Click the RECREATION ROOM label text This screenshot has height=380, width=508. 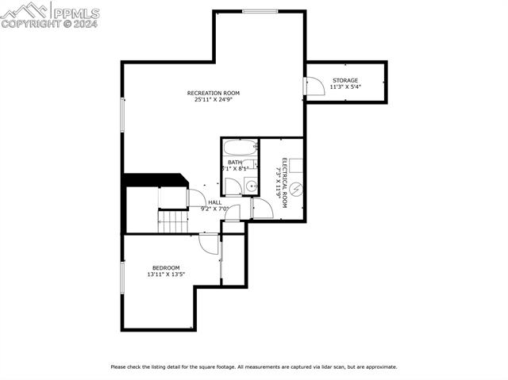click(x=213, y=93)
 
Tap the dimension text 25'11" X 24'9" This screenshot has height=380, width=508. click(x=213, y=100)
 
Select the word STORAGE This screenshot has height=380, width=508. click(x=345, y=80)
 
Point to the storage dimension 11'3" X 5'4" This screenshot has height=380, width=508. click(x=345, y=87)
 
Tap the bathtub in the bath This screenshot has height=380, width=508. click(x=239, y=148)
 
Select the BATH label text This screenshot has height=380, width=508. click(x=234, y=162)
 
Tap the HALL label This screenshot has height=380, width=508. click(x=215, y=202)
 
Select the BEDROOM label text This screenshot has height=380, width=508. click(x=166, y=267)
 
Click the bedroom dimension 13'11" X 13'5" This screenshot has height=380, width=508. click(x=166, y=274)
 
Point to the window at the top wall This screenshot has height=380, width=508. click(x=260, y=11)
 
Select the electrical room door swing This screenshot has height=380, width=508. click(x=263, y=209)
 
